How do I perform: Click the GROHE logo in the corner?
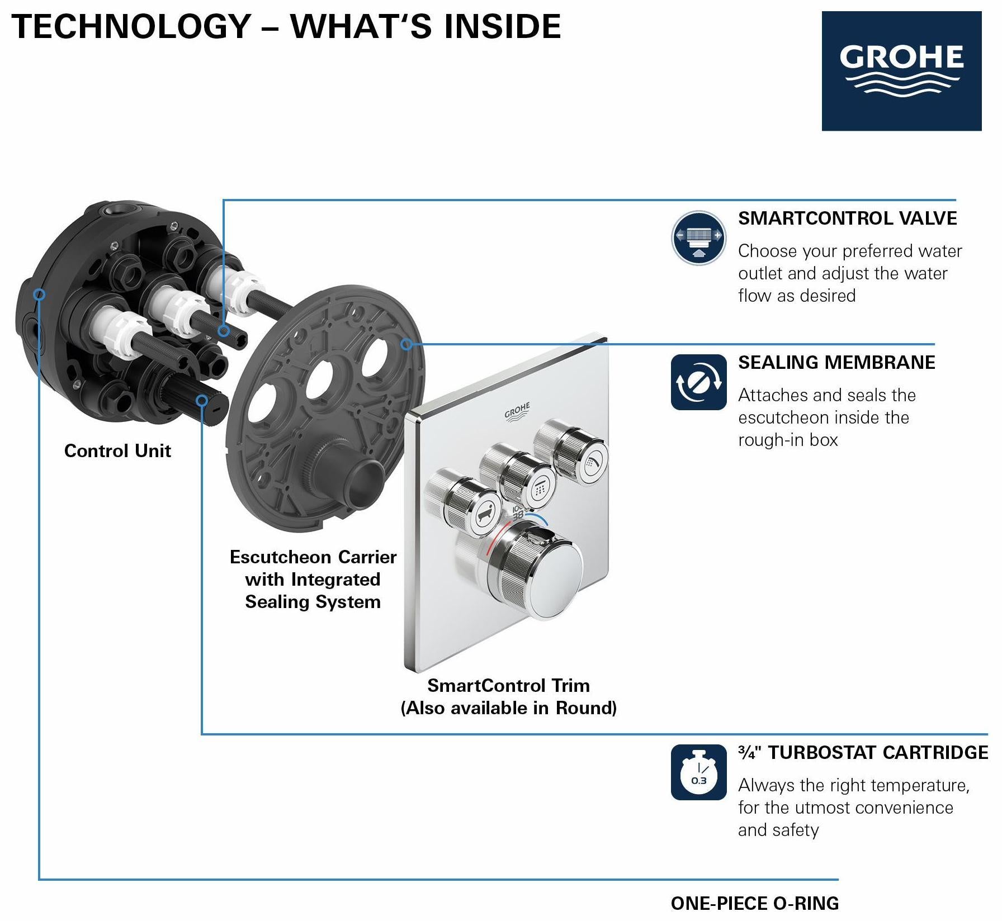[x=901, y=71]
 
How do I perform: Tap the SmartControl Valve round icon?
[x=698, y=238]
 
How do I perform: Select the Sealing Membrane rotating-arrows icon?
[x=698, y=382]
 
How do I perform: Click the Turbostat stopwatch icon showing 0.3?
[x=698, y=772]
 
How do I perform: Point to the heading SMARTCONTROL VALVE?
[x=847, y=218]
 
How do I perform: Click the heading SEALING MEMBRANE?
[x=836, y=362]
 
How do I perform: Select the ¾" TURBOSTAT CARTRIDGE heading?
[x=863, y=752]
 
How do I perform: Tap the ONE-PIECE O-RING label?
[x=755, y=903]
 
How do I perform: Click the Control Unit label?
[x=117, y=450]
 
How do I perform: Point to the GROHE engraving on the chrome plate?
[x=517, y=411]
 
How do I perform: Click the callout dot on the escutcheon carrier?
[x=407, y=344]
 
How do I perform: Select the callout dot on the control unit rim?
[x=39, y=294]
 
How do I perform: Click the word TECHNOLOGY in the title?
[x=131, y=26]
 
